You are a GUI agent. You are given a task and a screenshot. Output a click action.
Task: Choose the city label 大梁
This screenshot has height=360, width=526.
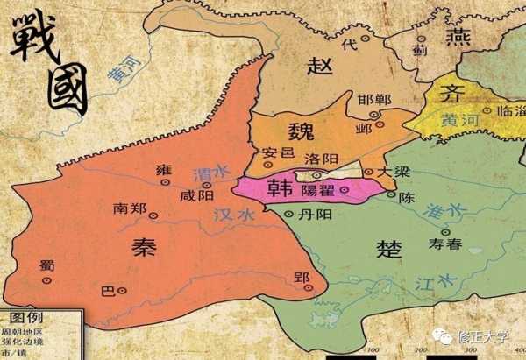click(392, 172)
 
